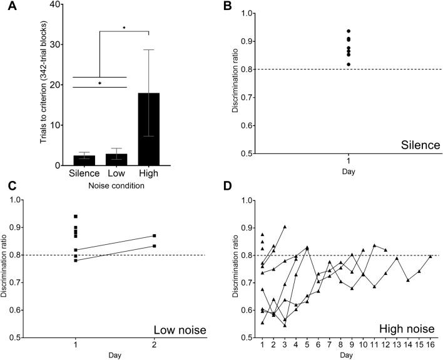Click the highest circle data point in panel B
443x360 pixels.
coord(348,31)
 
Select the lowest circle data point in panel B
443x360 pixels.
coord(348,64)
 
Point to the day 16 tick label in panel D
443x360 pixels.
coord(430,344)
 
